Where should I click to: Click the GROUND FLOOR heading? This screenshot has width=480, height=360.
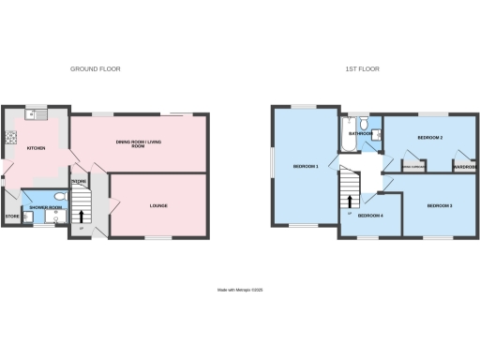pos(96,69)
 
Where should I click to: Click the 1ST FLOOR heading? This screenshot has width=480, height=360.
pos(363,69)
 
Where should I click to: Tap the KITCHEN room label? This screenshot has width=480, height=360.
pos(37,148)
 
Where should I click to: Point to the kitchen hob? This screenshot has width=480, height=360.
pos(13,138)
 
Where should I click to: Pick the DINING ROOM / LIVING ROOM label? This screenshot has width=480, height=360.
pos(137,143)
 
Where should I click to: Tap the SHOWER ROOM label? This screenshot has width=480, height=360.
pos(44,207)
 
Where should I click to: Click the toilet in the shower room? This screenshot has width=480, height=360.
pos(59,197)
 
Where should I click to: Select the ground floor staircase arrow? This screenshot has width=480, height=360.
pos(81,216)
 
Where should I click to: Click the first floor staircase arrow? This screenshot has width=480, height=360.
pos(352,201)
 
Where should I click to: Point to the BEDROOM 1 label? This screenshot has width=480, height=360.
pos(306,167)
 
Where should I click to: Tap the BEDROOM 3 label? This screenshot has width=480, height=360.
pos(439,205)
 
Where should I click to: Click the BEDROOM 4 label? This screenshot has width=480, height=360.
pos(370,217)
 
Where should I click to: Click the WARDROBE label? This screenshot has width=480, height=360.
pos(465,168)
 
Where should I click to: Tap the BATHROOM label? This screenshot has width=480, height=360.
pos(361,134)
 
